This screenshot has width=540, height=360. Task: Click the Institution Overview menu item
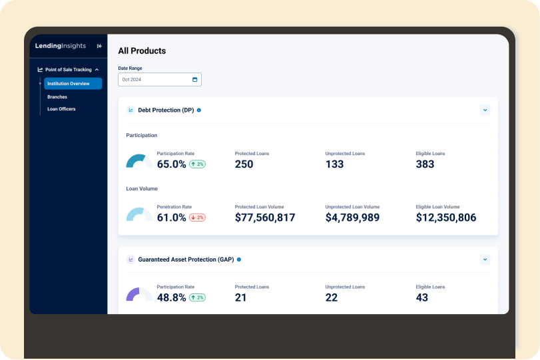pos(73,84)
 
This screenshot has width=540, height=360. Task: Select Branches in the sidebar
pos(57,97)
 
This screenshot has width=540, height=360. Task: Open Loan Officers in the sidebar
pos(61,109)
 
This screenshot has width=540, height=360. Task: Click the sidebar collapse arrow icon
pos(99,46)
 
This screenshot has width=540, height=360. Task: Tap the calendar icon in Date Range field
pos(194,79)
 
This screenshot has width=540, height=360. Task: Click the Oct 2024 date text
pos(132,79)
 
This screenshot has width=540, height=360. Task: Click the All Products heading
pos(142,51)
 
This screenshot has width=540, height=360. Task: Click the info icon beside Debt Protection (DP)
pos(198,110)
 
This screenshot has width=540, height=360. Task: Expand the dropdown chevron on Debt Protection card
pos(485,110)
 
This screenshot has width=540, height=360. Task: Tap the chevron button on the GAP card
pos(485,260)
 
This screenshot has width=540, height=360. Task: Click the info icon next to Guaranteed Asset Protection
pos(239,260)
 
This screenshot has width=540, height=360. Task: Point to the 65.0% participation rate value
pos(172,164)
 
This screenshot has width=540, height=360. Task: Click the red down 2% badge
pos(197,218)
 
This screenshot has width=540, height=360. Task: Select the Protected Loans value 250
pos(244,164)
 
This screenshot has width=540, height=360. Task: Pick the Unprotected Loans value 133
pos(334,164)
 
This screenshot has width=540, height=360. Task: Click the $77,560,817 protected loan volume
pos(265,218)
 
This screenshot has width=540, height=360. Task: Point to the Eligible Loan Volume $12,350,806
pos(446,218)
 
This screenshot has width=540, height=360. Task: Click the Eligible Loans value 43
pos(422,297)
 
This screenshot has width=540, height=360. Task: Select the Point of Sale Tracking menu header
pos(69,69)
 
